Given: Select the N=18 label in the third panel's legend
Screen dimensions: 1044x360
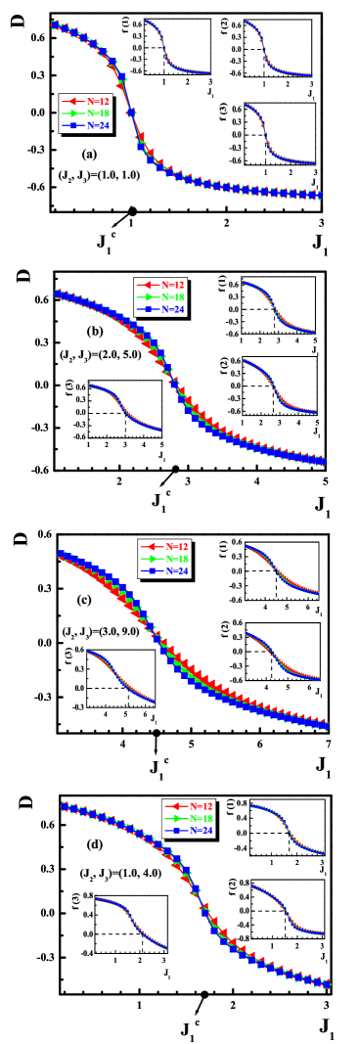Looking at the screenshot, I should click(176, 559).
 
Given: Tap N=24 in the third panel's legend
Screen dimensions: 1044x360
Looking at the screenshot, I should click(176, 570).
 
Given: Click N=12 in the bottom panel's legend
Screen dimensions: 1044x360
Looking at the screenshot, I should click(201, 805).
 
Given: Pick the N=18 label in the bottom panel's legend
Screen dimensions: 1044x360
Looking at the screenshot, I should click(201, 818).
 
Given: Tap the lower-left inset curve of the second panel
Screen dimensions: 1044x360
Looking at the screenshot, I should click(123, 407).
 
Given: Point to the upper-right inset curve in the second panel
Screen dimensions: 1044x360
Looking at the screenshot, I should click(278, 305).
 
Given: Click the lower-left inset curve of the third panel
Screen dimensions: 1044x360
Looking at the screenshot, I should click(120, 675).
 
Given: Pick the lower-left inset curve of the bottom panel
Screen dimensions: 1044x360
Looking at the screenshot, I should click(131, 922).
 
